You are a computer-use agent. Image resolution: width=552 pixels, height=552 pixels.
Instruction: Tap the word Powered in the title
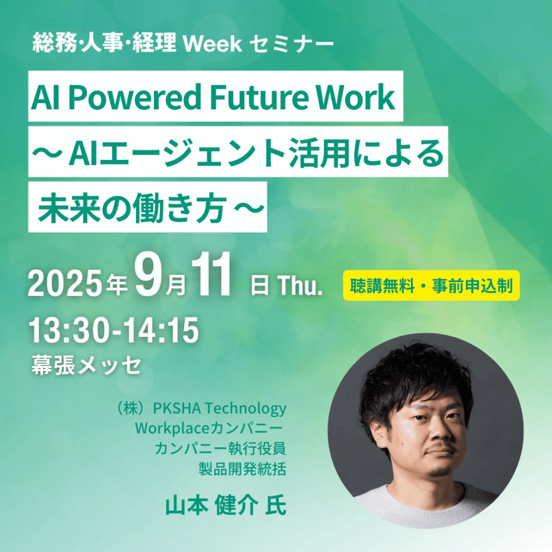point(136,96)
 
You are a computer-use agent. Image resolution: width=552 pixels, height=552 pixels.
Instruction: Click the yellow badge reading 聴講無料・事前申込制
point(431,285)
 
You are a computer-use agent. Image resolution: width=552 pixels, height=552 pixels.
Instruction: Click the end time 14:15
point(158,330)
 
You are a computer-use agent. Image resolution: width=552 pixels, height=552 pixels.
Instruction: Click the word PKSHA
point(177,408)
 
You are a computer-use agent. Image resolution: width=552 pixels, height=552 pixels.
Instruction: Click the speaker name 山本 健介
point(211,506)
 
